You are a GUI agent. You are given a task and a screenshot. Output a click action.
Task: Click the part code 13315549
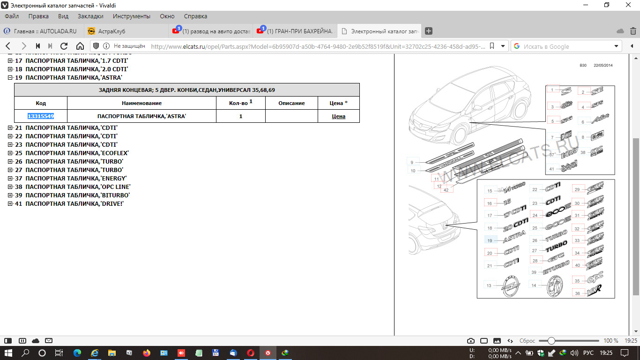click(x=41, y=116)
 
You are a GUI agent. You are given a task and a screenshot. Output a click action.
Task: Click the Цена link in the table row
click(x=338, y=116)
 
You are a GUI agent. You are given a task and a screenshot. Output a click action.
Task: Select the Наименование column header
click(x=141, y=103)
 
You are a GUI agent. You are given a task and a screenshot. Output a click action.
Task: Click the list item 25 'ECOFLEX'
click(x=77, y=153)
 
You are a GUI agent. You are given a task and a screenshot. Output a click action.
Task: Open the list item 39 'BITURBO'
click(x=77, y=195)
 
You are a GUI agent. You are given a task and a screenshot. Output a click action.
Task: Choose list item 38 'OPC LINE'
click(x=77, y=187)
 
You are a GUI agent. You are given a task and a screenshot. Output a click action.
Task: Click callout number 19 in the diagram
click(x=490, y=240)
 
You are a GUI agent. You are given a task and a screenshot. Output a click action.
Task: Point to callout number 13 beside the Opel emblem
click(x=489, y=285)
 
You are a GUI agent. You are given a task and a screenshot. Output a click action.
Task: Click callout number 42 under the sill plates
click(x=446, y=190)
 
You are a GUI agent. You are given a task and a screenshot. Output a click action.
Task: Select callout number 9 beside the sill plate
click(x=412, y=162)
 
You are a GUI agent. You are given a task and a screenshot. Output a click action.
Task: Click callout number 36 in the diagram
click(x=577, y=293)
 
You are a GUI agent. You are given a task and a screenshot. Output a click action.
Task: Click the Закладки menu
click(x=90, y=16)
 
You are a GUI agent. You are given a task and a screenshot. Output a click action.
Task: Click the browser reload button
click(x=64, y=46)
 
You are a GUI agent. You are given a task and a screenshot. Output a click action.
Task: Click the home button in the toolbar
click(x=80, y=46)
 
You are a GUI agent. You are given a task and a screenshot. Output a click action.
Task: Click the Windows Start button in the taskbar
click(x=8, y=352)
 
